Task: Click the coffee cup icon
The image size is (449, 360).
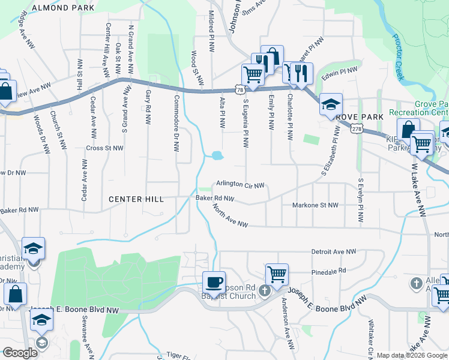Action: coord(214,281)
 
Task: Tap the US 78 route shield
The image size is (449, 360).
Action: coord(240,89)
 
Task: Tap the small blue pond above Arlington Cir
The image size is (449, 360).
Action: coord(216,156)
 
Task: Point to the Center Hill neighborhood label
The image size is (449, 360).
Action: coord(136,199)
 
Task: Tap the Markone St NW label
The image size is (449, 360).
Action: coord(315,205)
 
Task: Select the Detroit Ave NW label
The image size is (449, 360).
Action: coord(334,252)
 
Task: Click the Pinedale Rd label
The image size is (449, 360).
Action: coord(329,271)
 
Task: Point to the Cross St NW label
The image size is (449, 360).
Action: coord(104,148)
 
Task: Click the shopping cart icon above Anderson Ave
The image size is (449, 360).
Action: coord(277,274)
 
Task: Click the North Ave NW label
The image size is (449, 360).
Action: coord(230,215)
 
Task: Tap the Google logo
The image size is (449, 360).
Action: coord(20,353)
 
